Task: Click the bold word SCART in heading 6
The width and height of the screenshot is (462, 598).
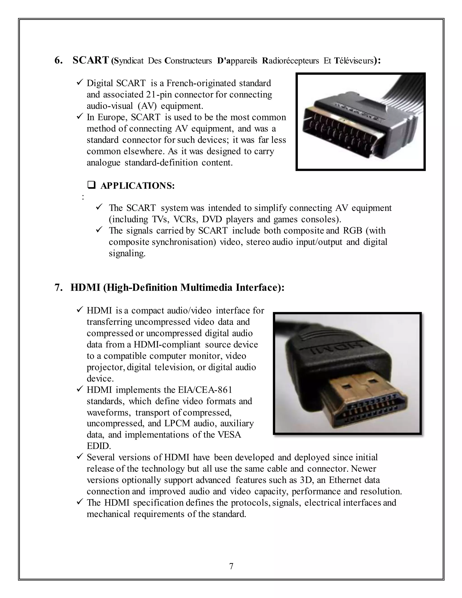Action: click(x=91, y=60)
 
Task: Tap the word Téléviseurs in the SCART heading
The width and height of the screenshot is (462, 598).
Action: click(x=353, y=61)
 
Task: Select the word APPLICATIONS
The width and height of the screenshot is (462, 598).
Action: click(x=137, y=186)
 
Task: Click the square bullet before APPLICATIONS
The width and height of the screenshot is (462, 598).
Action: click(x=91, y=185)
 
